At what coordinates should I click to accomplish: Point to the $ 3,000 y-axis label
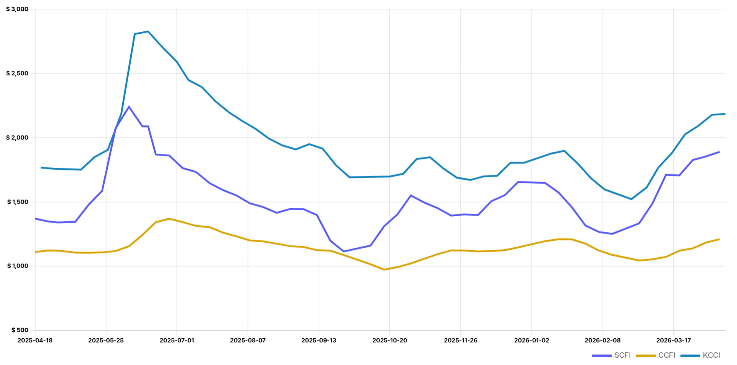click(x=17, y=9)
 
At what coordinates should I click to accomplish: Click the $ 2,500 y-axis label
click(x=17, y=73)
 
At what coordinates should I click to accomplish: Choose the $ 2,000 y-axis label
click(x=17, y=138)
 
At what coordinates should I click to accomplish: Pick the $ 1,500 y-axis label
click(x=17, y=202)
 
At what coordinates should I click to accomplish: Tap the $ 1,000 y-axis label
click(x=17, y=266)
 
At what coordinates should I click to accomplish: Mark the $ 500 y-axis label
click(x=19, y=330)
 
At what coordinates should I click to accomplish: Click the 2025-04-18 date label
click(x=35, y=341)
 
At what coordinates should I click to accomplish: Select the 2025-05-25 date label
click(x=106, y=341)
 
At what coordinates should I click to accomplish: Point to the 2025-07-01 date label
click(x=177, y=341)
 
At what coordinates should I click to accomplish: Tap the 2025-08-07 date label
click(x=248, y=341)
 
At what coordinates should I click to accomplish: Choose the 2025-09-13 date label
click(x=319, y=341)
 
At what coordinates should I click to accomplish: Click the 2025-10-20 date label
click(x=390, y=341)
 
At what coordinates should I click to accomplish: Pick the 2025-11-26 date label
click(x=460, y=341)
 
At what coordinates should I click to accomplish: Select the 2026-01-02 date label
click(x=531, y=341)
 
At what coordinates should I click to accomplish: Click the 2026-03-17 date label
click(x=673, y=341)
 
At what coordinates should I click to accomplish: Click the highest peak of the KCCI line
click(x=148, y=31)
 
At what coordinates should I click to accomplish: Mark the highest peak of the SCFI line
click(x=129, y=107)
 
